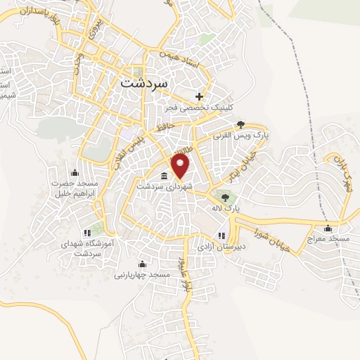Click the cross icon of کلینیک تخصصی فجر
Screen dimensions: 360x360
[200, 96]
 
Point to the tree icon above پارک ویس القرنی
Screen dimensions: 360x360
[241, 122]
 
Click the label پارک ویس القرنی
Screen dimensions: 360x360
[240, 133]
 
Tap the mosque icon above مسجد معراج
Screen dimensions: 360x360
[328, 228]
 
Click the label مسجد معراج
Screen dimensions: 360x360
[328, 239]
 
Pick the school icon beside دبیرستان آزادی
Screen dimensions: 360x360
[222, 236]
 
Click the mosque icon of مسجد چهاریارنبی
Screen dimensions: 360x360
[142, 264]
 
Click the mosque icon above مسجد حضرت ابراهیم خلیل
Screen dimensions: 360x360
[75, 173]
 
